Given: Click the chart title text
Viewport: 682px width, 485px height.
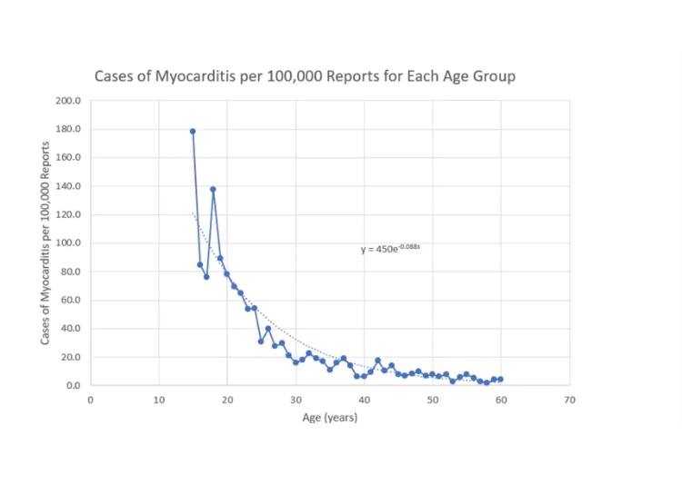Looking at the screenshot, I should pos(305,76).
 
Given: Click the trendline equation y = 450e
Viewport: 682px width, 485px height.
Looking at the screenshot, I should pos(390,248).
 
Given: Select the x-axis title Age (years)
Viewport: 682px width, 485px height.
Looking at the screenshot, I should pos(329,418).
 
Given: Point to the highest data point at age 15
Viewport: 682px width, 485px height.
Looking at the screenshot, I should pos(193,131).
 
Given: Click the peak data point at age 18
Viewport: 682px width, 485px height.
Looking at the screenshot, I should pos(213,189).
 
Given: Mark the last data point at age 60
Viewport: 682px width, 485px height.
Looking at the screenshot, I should pos(500,379).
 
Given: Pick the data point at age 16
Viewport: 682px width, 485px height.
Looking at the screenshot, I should pos(199,264).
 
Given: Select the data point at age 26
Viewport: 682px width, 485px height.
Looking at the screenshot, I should pos(268,329).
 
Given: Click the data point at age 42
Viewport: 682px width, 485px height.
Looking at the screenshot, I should pos(377,361).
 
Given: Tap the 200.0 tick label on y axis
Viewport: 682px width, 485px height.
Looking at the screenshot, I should pos(69,100).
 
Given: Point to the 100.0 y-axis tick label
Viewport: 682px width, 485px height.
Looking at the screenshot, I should pos(69,243).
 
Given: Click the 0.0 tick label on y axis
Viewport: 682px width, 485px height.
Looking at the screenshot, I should pos(73,386).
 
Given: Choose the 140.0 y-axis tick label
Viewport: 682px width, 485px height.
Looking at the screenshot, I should pos(69,186).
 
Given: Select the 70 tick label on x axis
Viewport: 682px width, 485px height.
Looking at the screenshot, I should pos(569,400).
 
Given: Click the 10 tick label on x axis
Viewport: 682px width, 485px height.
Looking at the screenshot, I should pos(158,400).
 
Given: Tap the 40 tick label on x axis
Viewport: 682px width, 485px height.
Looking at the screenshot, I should pos(364,400).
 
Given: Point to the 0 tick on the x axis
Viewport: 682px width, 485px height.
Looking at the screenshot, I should pos(90,400).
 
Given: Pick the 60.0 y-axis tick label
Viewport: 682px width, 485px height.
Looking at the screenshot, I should pos(71,301).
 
